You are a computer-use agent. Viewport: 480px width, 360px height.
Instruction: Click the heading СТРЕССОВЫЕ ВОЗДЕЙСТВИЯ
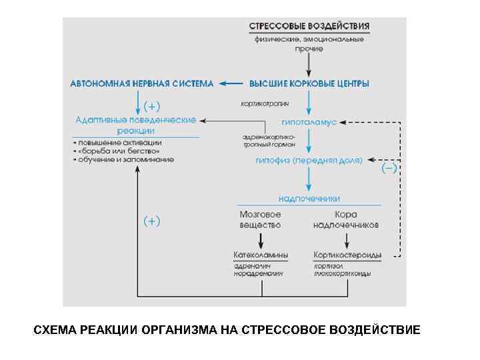pyautogui.click(x=309, y=27)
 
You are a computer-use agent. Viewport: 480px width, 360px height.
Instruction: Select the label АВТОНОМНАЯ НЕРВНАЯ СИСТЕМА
pyautogui.click(x=142, y=84)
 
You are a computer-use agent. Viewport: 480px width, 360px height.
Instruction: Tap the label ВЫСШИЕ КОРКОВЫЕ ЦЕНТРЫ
pyautogui.click(x=309, y=84)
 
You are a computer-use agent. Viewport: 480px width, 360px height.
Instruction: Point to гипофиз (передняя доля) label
pyautogui.click(x=309, y=161)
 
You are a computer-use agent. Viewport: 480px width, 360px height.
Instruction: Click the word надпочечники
pyautogui.click(x=309, y=198)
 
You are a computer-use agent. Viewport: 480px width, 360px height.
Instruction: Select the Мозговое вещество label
pyautogui.click(x=260, y=219)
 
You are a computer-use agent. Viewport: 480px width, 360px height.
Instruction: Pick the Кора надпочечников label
pyautogui.click(x=346, y=219)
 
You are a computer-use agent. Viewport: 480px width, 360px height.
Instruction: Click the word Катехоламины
pyautogui.click(x=261, y=255)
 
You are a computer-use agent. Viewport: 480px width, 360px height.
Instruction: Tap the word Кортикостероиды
pyautogui.click(x=347, y=255)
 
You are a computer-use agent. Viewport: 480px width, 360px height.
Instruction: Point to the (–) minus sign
pyautogui.click(x=389, y=169)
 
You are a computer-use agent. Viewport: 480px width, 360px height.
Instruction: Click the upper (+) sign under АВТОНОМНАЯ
pyautogui.click(x=153, y=105)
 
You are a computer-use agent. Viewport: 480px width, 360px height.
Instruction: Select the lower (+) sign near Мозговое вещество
pyautogui.click(x=153, y=221)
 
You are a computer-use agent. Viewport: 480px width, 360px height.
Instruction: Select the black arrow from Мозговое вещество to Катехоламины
pyautogui.click(x=260, y=239)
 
